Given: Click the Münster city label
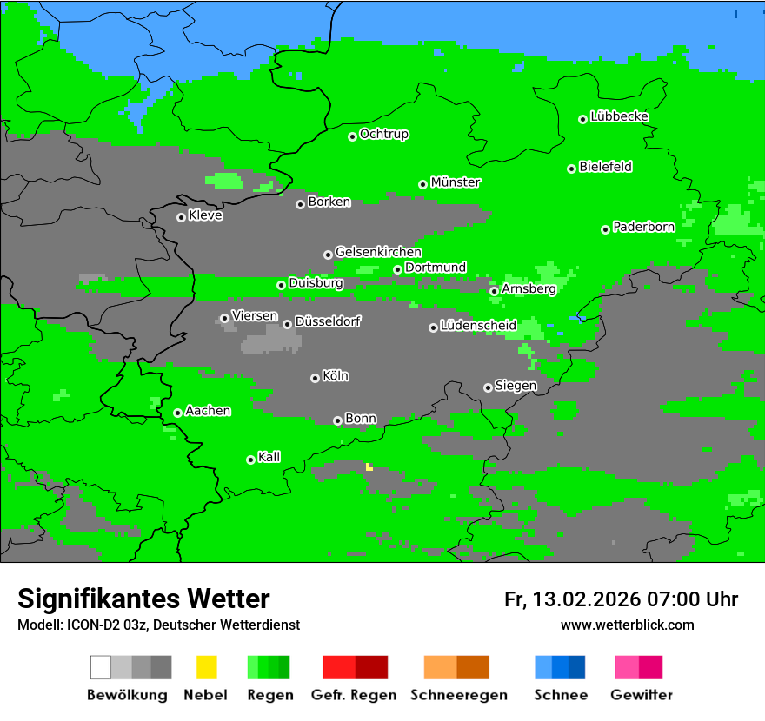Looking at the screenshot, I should tap(456, 182).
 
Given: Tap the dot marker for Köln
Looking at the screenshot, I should tap(315, 378).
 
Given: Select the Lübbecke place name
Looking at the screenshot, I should tap(619, 116).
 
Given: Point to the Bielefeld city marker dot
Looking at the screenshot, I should tap(572, 169).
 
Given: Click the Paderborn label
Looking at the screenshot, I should tap(643, 227).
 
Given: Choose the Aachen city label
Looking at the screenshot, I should tap(208, 411).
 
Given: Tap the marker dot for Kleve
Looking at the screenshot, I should tap(181, 217).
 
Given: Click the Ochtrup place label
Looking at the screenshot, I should tap(384, 134).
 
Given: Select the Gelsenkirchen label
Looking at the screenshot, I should tap(378, 252).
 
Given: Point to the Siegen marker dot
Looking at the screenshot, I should tap(488, 387).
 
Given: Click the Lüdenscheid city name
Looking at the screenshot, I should tap(478, 325).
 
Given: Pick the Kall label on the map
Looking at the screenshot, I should tap(269, 457).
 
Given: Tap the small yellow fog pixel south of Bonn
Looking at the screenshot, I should tap(369, 467).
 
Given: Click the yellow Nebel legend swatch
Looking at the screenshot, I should tap(206, 667).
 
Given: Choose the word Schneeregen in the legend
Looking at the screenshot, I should tap(459, 695).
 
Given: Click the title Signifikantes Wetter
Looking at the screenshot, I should tap(143, 599).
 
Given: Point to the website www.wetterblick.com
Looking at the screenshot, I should tap(627, 625).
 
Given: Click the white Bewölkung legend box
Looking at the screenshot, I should tap(101, 667).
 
